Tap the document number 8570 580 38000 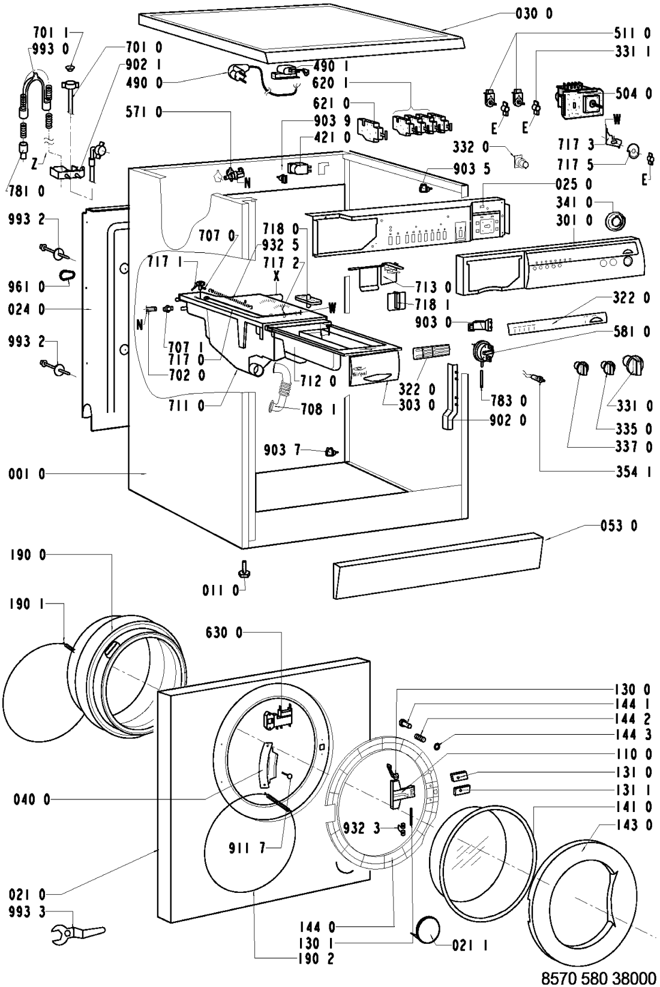coord(596,978)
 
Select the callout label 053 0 coord(619,526)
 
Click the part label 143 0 coord(634,825)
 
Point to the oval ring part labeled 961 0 coord(66,276)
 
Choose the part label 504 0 coord(633,93)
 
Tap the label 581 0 coord(633,331)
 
